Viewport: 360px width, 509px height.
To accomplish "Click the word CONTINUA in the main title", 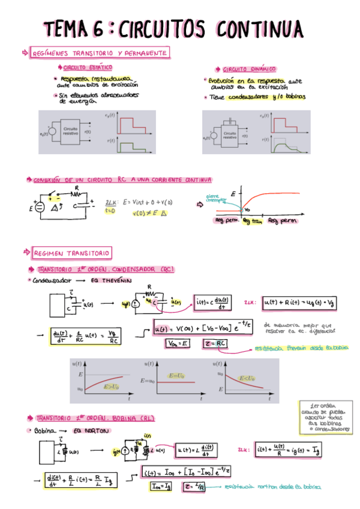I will point(260,28).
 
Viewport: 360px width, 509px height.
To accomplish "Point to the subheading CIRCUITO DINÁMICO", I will point(248,69).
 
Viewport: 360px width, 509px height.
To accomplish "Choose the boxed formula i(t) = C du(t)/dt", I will point(214,304).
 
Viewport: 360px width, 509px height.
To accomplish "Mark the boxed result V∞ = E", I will point(178,343).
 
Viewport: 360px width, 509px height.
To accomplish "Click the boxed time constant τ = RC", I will point(214,343).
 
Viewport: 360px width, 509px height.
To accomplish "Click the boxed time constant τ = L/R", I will point(195,486).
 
